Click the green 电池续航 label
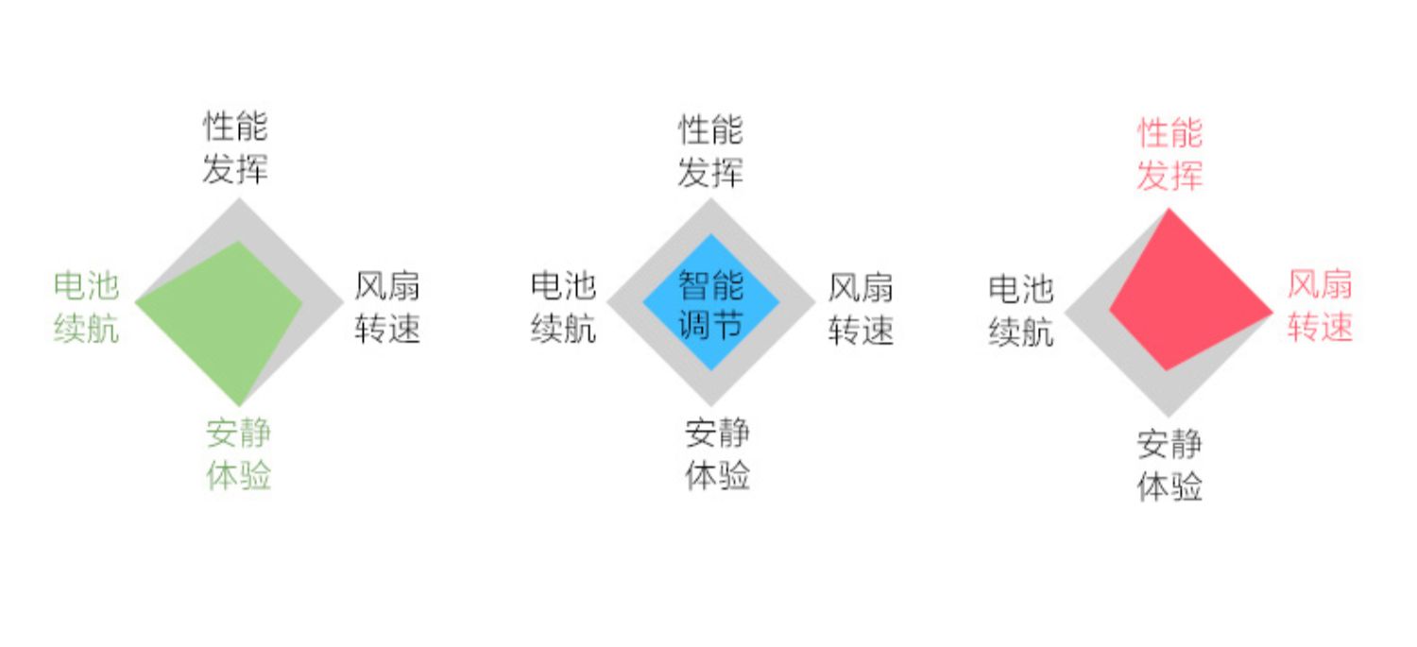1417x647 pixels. (x=86, y=307)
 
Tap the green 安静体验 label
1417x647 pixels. (x=239, y=454)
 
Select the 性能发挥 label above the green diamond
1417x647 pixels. (x=235, y=147)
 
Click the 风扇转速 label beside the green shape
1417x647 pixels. (x=387, y=307)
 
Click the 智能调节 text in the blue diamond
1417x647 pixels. (x=711, y=304)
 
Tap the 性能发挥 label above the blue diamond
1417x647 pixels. (x=710, y=151)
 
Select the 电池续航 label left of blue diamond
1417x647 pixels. (x=563, y=307)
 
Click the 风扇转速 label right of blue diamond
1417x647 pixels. (x=861, y=307)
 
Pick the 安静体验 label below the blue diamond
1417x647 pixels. (x=717, y=454)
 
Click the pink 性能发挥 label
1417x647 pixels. (x=1169, y=155)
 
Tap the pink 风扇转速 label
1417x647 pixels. (x=1320, y=305)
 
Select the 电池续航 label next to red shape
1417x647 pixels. (x=1020, y=309)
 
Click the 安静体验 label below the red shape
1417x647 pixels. (x=1169, y=466)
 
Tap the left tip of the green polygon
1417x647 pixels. (x=138, y=302)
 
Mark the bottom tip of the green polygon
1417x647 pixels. (x=241, y=403)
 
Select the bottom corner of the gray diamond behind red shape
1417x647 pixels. (x=1169, y=415)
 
